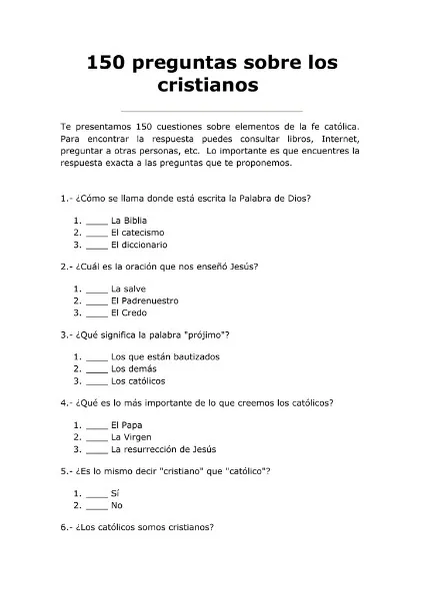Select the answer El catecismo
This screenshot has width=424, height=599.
click(x=137, y=232)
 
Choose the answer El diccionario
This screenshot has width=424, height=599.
click(x=139, y=244)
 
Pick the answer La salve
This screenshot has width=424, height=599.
click(x=127, y=288)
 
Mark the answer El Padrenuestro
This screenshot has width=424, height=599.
click(x=144, y=299)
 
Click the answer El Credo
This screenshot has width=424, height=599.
click(x=128, y=311)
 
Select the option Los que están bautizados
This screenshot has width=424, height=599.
click(x=165, y=356)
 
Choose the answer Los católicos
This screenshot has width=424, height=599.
click(x=138, y=380)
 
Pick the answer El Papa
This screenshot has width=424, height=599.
click(x=127, y=424)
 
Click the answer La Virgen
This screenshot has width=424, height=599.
click(x=130, y=436)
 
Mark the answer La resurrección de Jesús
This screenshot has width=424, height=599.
click(x=163, y=448)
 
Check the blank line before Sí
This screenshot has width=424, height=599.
click(x=97, y=493)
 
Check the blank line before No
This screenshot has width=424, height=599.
click(x=97, y=505)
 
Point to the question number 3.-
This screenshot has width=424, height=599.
click(x=66, y=334)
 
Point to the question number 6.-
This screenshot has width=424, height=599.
click(x=66, y=527)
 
